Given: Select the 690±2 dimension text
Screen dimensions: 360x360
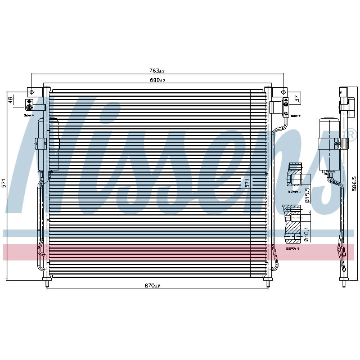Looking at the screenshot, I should click(157, 80).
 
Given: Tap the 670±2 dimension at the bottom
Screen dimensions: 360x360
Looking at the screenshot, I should click(152, 285).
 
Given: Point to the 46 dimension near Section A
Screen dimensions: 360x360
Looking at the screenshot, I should click(10, 100).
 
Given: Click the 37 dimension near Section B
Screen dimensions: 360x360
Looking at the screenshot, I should click(297, 100).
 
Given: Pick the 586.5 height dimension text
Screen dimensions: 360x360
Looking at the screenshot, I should click(354, 184).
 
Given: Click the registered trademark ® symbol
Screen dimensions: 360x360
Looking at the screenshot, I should click(350, 134).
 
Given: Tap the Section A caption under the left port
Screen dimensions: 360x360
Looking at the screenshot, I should click(29, 115).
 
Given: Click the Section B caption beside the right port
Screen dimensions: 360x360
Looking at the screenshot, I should click(295, 115).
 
